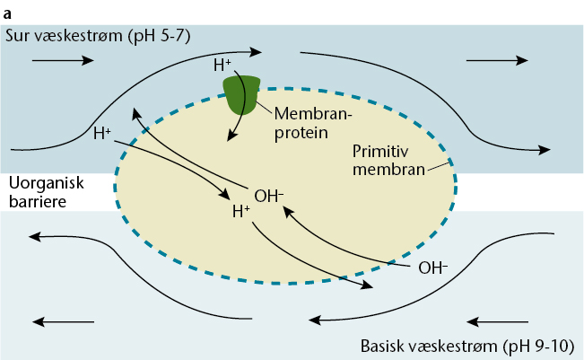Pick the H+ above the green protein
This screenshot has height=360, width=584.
coord(223,65)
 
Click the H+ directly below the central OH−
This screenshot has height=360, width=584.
coord(241,213)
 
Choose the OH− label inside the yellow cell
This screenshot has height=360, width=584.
coord(269,195)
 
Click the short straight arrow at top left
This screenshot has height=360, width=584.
coord(62,60)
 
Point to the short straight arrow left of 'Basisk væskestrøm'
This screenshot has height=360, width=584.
coord(499,320)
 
